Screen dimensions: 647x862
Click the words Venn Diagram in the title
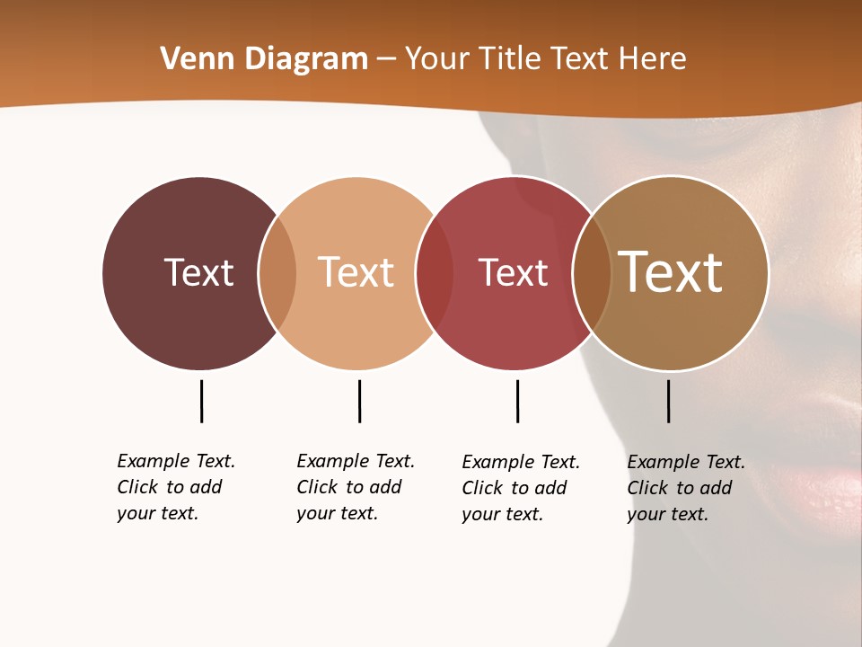(264, 59)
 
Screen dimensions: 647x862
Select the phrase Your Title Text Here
(545, 59)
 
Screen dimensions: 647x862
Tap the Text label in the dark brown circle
(198, 272)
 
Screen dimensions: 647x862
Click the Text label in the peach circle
(356, 272)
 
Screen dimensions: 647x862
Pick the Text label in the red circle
(513, 272)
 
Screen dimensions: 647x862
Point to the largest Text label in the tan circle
(671, 272)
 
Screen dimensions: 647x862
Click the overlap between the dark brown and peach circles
(277, 273)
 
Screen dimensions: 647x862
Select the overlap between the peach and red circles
(435, 273)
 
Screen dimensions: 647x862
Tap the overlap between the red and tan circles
(592, 273)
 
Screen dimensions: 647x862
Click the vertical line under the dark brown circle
(201, 401)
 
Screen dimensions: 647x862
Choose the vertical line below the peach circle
(359, 401)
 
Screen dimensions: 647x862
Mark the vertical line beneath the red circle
(517, 401)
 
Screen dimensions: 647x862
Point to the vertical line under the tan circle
(668, 401)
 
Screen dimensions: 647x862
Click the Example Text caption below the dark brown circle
(176, 487)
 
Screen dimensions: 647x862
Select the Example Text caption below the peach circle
(356, 487)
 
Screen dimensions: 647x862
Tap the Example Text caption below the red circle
(521, 488)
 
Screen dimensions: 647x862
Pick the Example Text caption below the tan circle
(686, 488)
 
